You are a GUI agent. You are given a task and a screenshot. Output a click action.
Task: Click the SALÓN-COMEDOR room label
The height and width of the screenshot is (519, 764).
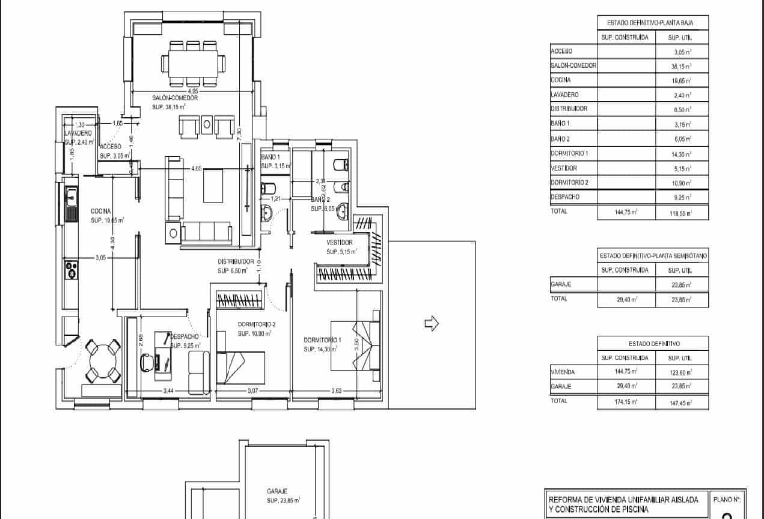coord(175,98)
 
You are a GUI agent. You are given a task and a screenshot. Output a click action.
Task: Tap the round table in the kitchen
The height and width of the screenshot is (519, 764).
coord(103,362)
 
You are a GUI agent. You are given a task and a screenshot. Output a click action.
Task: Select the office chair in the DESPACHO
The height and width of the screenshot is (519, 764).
coord(147,362)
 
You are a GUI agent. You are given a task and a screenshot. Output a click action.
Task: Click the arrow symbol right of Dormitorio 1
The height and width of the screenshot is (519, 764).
coord(432,324)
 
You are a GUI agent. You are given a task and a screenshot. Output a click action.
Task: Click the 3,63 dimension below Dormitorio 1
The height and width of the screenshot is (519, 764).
coord(337,391)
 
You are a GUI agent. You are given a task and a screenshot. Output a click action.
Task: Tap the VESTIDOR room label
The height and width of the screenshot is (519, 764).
coord(339,243)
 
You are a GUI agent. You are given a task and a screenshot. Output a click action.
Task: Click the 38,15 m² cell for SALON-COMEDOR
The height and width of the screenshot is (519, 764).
coord(682,66)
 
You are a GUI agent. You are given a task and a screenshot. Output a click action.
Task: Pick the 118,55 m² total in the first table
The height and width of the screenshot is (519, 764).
coord(682,213)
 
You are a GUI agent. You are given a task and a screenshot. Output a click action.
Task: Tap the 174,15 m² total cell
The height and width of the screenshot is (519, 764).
coord(625,402)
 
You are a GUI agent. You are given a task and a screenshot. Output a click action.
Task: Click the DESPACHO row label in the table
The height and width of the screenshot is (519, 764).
coord(565,197)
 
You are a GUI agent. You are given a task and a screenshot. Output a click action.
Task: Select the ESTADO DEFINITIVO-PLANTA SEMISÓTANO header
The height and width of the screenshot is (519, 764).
coord(653,256)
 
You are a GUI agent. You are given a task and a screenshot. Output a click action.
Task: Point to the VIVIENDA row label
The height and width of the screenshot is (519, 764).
coord(563,372)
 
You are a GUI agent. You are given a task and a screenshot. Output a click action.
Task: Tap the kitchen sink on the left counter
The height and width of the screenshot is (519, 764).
coord(72,194)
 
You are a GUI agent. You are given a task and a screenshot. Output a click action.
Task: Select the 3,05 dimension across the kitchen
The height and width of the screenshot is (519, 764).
coord(101,257)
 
